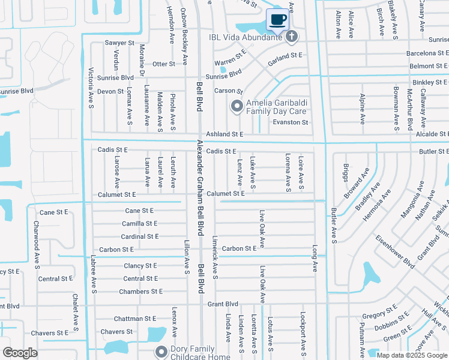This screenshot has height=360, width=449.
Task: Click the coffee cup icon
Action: coord(277,20)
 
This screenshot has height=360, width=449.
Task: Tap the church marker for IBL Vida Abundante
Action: coord(292,37)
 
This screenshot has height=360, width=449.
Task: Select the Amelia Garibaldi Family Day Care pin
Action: coord(237,107)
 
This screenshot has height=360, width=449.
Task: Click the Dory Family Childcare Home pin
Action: coord(160,352)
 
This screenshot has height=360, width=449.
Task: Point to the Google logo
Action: coord(20,353)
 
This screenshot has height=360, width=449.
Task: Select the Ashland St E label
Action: coord(224,135)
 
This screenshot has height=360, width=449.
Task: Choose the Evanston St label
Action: coord(291,122)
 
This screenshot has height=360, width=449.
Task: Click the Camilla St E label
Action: coord(139,223)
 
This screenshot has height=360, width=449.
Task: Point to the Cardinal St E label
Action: coord(139,236)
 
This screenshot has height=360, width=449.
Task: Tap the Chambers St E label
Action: coord(140,292)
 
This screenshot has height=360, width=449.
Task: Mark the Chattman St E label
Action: coord(134,319)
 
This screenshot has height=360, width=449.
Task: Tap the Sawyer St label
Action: coord(119,43)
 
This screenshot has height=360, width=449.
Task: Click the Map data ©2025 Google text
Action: coord(411,355)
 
